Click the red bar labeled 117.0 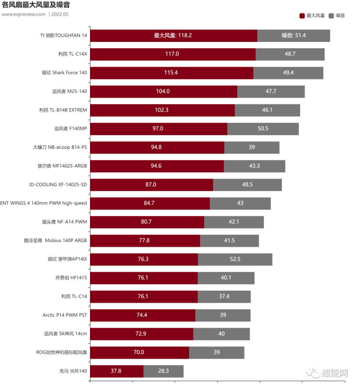[x=172, y=54]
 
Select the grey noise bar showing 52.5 [x=235, y=259]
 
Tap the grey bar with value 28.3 [x=163, y=371]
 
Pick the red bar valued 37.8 [x=117, y=371]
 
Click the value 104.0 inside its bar [x=163, y=91]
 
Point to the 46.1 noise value [x=267, y=110]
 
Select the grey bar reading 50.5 [x=263, y=129]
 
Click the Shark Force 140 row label [x=64, y=73]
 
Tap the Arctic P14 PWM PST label [x=64, y=315]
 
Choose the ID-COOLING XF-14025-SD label [x=58, y=184]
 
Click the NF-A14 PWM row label [x=64, y=222]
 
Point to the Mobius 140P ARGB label [x=55, y=240]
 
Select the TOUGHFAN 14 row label [x=63, y=36]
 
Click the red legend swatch [x=301, y=16]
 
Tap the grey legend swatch [x=331, y=16]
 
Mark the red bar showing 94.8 [x=157, y=147]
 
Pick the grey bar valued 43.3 [x=254, y=166]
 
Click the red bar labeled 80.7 [x=147, y=222]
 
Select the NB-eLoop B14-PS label [x=60, y=147]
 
